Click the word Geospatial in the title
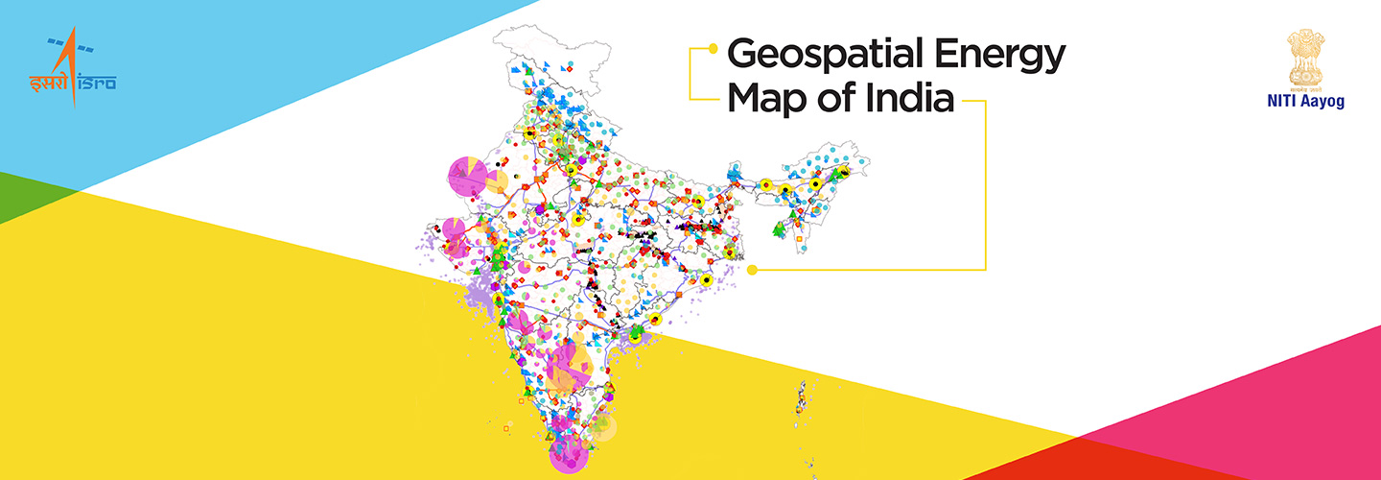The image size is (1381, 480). (821, 56)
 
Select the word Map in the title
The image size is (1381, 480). (767, 99)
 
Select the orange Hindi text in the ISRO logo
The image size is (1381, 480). (47, 83)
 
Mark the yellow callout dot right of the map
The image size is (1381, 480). (753, 270)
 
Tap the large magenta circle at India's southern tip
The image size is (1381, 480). (568, 454)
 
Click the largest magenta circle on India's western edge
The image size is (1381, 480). (467, 176)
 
